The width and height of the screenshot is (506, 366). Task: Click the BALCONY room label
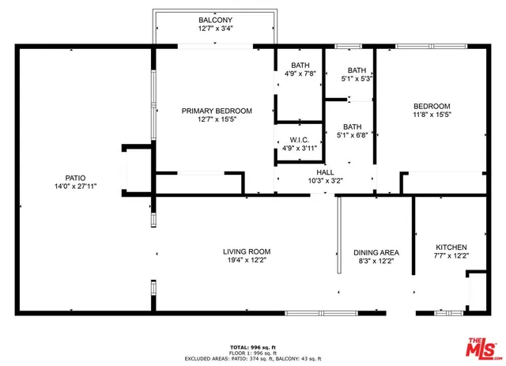click(x=216, y=19)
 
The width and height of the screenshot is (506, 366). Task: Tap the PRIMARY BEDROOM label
click(x=216, y=111)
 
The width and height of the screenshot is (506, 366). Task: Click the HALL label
click(x=325, y=172)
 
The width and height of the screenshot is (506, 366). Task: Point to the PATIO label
click(x=75, y=178)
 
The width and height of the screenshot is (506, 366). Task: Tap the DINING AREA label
click(x=376, y=253)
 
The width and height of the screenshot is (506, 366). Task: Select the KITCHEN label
click(x=451, y=247)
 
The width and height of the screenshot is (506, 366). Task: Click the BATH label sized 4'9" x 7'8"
click(x=300, y=66)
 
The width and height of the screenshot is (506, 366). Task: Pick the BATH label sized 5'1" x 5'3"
click(x=357, y=70)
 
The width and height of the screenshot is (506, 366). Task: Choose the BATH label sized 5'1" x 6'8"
click(x=352, y=126)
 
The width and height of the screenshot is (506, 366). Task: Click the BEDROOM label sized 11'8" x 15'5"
click(x=432, y=107)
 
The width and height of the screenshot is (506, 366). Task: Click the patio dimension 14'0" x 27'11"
click(x=75, y=187)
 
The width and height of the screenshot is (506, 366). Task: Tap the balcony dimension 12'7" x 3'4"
click(x=216, y=28)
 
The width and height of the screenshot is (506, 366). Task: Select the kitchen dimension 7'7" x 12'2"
click(x=451, y=256)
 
